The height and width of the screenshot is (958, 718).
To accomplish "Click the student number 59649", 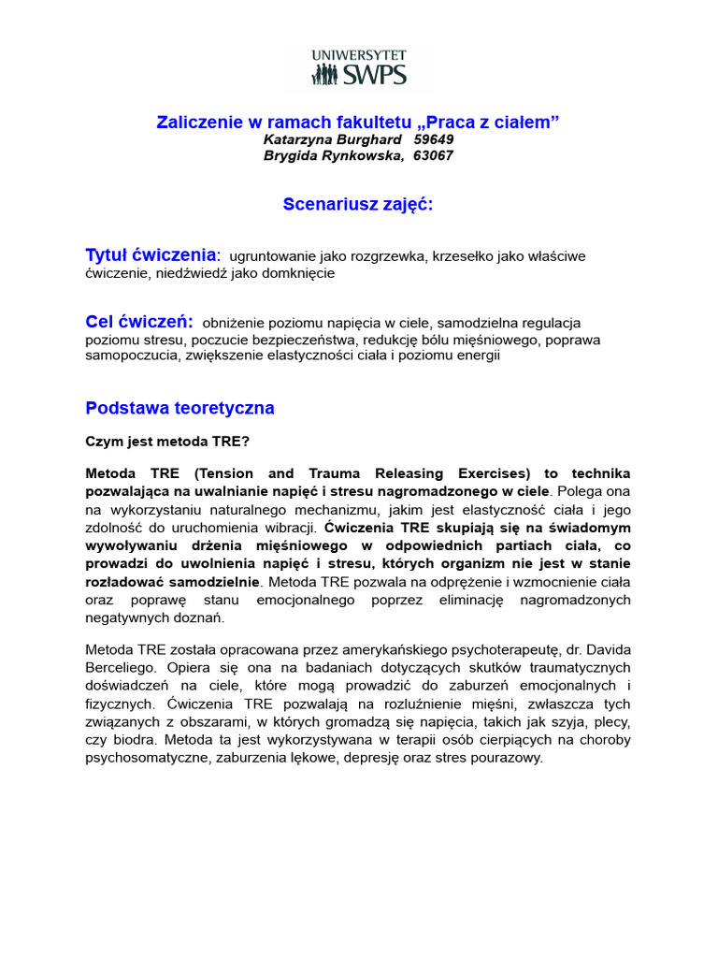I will pos(433,139).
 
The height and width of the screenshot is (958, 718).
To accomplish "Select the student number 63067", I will pos(432,155).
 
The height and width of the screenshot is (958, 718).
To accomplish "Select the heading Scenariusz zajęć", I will pos(358,205).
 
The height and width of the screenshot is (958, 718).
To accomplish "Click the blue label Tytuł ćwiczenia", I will pos(151,255).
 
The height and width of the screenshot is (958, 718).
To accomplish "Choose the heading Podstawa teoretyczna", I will pos(179,408).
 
